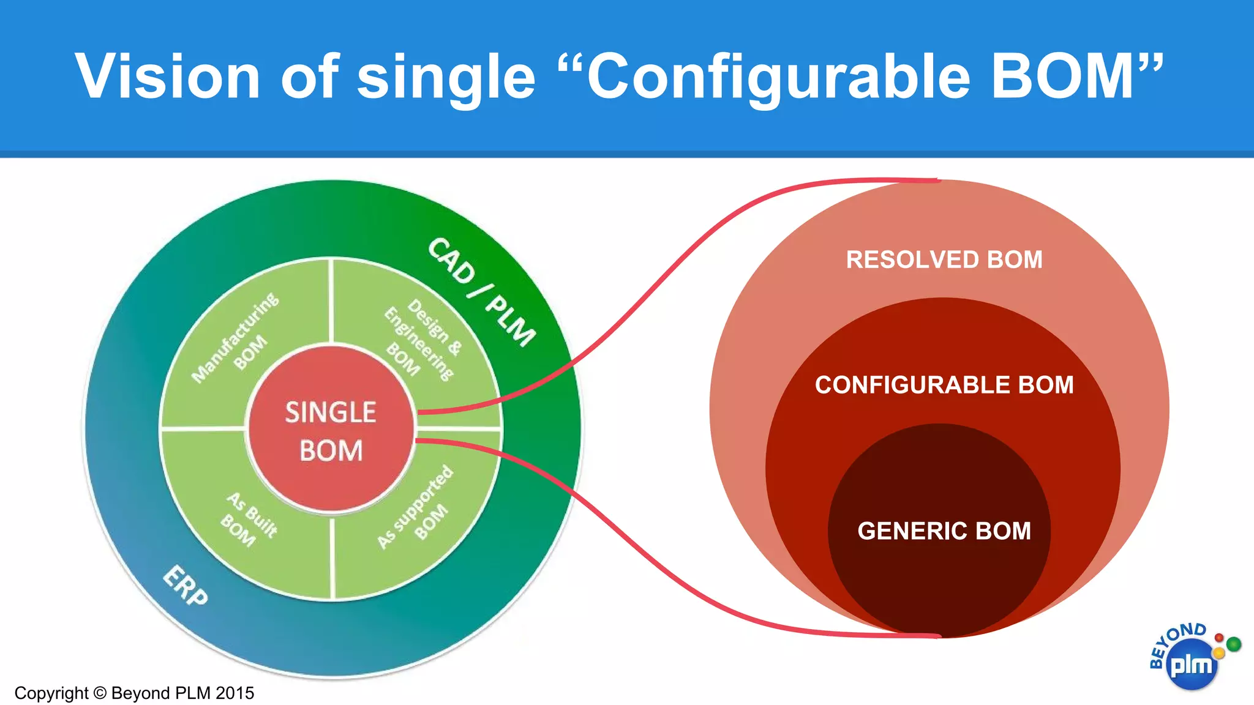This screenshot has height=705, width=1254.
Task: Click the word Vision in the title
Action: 167,76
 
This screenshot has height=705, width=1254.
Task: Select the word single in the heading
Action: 446,77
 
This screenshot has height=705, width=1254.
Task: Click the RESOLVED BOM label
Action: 944,259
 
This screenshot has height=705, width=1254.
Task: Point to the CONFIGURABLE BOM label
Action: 944,385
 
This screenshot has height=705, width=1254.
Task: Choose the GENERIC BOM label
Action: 944,531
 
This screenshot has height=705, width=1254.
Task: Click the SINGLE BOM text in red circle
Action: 331,430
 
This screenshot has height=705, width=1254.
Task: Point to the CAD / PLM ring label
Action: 481,292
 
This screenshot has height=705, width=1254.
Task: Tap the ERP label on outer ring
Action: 186,586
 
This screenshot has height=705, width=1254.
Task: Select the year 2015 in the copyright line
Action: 235,693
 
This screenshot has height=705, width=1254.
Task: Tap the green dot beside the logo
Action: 1234,644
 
